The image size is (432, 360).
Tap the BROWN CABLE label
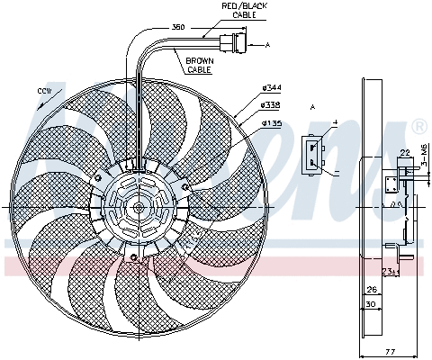coord(199,65)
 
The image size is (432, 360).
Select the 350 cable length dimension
coord(178,27)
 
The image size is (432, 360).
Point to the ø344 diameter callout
coord(272,86)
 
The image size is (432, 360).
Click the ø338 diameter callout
coord(272,103)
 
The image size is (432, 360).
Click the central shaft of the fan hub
coord(139,207)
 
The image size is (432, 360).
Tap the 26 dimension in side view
coord(371,290)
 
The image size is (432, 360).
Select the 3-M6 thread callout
coord(424,165)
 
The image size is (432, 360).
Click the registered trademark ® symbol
coord(418,126)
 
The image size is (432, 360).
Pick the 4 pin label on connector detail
coord(334,122)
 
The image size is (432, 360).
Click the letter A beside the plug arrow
coord(266,42)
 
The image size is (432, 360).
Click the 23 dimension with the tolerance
coord(388,271)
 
